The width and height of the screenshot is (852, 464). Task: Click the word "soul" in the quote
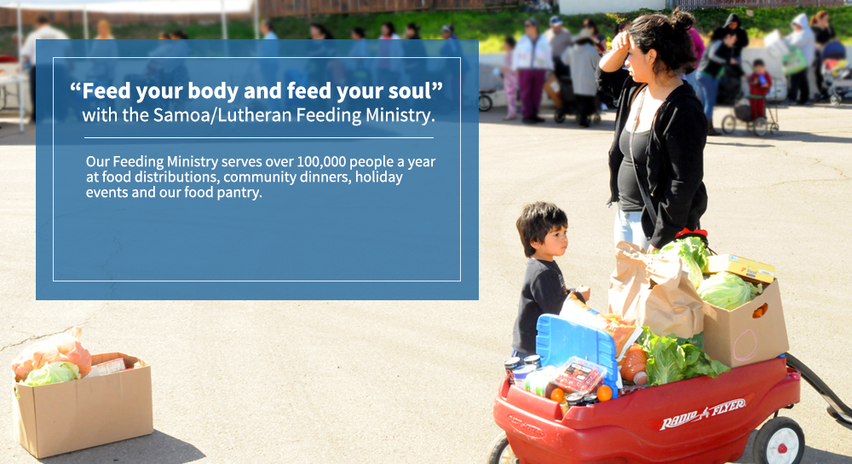point(412,91)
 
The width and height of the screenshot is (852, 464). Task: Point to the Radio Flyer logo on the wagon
point(703,414)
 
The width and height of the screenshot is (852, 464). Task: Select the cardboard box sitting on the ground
point(83,403)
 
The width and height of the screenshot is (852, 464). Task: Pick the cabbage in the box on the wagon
point(727,291)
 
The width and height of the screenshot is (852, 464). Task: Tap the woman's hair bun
point(682,20)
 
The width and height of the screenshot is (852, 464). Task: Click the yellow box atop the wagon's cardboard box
point(741,267)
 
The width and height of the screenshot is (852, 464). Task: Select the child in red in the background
point(758,89)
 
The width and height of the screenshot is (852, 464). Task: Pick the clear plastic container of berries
point(579,374)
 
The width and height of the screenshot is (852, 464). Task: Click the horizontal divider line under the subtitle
point(259,138)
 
